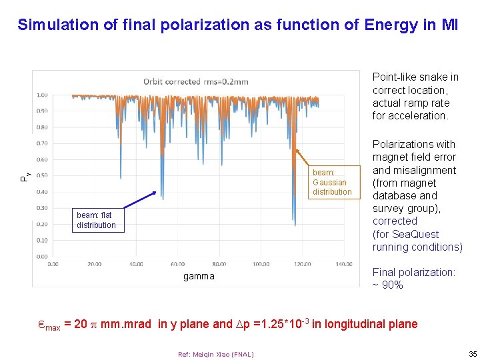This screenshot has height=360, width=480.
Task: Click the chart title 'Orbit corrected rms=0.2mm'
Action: pyautogui.click(x=195, y=82)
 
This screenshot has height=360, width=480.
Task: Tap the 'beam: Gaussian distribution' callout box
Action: pyautogui.click(x=332, y=182)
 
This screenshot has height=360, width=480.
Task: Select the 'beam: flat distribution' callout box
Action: pyautogui.click(x=96, y=220)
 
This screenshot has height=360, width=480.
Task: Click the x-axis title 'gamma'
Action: pyautogui.click(x=199, y=276)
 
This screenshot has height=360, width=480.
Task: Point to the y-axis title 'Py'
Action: pyautogui.click(x=25, y=176)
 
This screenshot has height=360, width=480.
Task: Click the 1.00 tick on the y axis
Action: pyautogui.click(x=42, y=95)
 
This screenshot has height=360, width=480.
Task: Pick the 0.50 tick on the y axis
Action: pyautogui.click(x=42, y=175)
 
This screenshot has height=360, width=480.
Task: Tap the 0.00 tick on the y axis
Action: pyautogui.click(x=42, y=256)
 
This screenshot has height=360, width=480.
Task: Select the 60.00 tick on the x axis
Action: pyautogui.click(x=177, y=264)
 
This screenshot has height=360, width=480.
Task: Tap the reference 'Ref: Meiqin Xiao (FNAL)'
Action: pyautogui.click(x=216, y=354)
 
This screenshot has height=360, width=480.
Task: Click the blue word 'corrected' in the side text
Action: pyautogui.click(x=395, y=221)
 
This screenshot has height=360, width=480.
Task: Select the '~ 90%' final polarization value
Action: pyautogui.click(x=388, y=285)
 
